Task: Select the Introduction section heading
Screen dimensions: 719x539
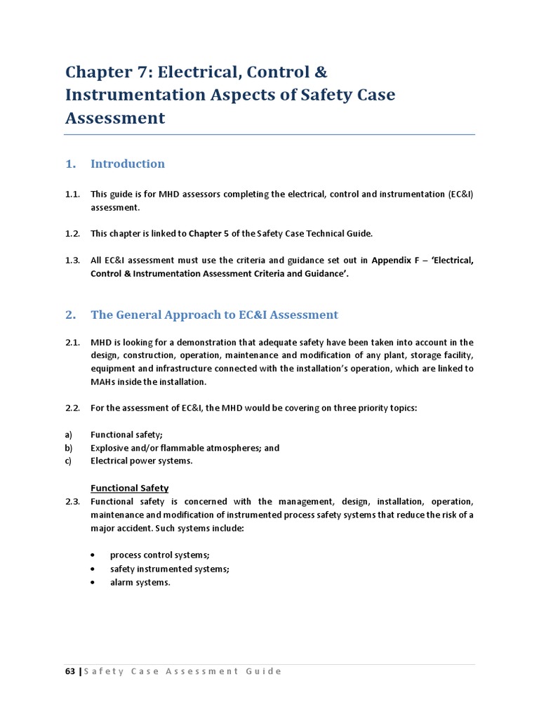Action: coord(128,164)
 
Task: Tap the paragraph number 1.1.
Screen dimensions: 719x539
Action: coord(73,194)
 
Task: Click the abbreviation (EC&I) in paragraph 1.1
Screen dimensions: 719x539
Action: coord(460,194)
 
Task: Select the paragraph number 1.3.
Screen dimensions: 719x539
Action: coord(73,260)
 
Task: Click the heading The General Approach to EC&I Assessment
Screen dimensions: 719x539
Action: coord(214,315)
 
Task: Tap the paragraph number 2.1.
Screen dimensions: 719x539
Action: coord(73,342)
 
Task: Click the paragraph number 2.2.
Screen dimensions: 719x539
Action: coord(73,408)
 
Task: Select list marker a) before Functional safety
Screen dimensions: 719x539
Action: coord(69,435)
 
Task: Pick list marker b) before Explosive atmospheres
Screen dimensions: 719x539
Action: coord(69,448)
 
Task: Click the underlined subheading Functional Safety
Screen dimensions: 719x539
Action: coord(129,488)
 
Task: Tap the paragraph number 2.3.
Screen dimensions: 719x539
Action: coord(73,501)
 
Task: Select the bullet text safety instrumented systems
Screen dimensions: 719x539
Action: coord(169,569)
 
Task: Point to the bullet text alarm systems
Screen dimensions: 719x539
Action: coord(140,582)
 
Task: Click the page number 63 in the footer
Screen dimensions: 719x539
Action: coord(69,671)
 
